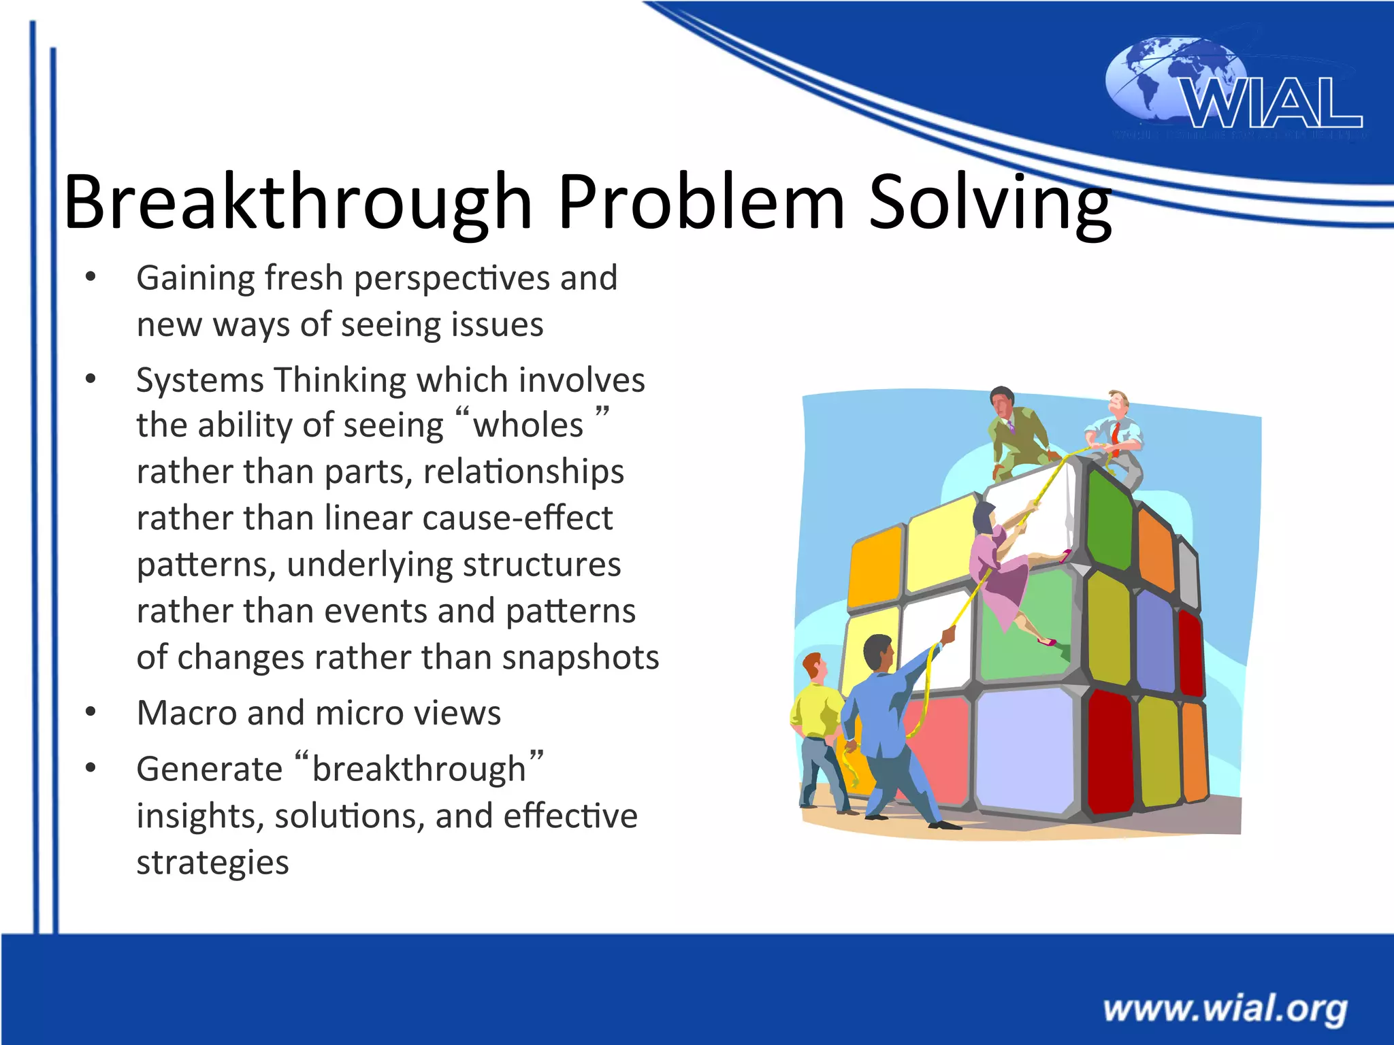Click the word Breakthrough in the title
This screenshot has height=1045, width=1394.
click(297, 202)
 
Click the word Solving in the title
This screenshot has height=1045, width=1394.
click(990, 202)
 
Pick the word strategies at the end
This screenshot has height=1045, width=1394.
click(212, 863)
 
